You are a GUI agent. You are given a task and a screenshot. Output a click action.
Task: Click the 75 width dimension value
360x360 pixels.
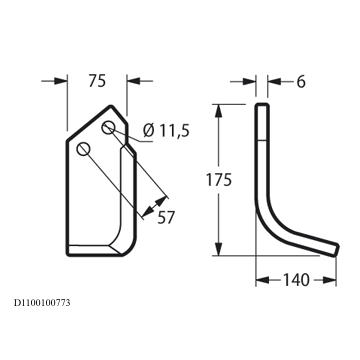point(97,81)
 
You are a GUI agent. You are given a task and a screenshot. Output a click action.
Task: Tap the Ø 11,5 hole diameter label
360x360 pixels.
point(166,131)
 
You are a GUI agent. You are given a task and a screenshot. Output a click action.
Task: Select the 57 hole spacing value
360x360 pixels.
point(166,218)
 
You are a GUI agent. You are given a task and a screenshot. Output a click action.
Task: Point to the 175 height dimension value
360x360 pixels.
point(218,180)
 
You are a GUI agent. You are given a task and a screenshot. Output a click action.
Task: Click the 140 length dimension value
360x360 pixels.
point(296,280)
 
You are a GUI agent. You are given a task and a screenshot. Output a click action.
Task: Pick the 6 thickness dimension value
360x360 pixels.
point(301,82)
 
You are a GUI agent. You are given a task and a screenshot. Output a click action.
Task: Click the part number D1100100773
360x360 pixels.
point(42,303)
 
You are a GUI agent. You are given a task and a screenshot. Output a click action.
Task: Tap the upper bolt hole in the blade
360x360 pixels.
point(108,128)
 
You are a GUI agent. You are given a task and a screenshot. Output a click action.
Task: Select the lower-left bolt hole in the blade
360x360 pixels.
point(83,149)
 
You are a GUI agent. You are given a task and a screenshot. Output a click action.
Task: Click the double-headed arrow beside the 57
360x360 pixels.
point(154,206)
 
